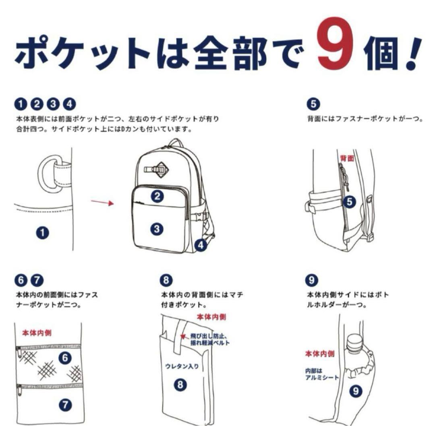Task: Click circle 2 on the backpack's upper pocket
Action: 157,196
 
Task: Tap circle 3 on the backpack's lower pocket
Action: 157,229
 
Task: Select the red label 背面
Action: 347,158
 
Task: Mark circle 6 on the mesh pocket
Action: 65,357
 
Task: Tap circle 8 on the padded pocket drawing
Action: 180,385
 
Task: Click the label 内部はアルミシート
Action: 320,374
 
